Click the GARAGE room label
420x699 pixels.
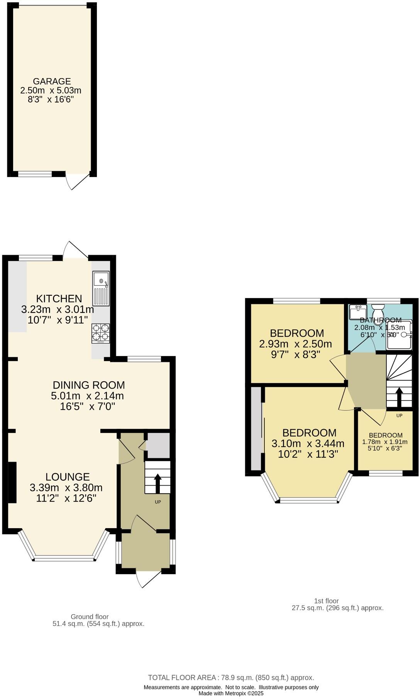(x=52, y=82)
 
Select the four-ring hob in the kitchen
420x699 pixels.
(x=100, y=334)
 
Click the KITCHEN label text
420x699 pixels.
(x=59, y=298)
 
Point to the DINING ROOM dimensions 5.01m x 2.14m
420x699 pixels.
(x=87, y=396)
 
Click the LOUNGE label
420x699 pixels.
(x=68, y=477)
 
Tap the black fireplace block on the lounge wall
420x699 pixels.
(x=12, y=482)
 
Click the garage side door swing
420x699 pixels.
(x=76, y=181)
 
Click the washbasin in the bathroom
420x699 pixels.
(x=357, y=312)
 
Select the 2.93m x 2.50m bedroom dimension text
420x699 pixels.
(x=296, y=344)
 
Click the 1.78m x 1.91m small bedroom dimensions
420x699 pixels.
(x=385, y=442)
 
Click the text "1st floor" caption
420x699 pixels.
(x=326, y=601)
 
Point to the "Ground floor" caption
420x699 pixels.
(x=90, y=617)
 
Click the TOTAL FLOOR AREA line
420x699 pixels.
(x=231, y=677)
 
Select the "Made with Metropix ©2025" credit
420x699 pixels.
(x=231, y=693)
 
